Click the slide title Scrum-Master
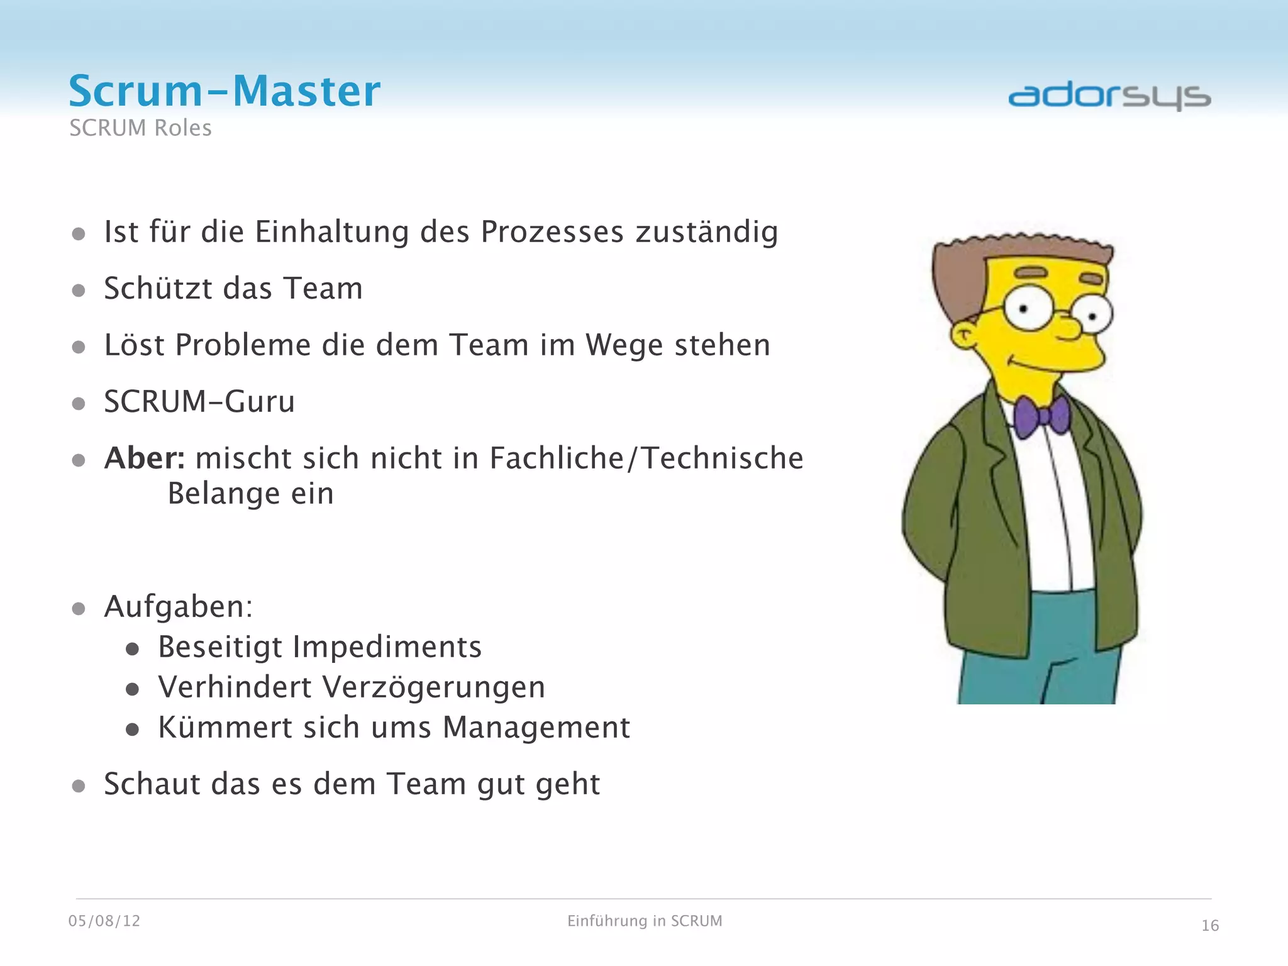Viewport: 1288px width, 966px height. point(225,91)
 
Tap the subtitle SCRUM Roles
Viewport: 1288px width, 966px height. point(140,128)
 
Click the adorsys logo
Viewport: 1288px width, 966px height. point(1109,97)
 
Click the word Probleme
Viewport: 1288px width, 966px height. point(244,345)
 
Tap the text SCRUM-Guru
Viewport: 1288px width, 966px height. point(199,402)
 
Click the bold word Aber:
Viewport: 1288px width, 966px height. point(145,458)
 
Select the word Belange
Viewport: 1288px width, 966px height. point(223,494)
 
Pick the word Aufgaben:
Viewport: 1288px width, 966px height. point(179,607)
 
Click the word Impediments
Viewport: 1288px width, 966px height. point(387,647)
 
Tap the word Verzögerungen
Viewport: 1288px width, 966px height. point(434,687)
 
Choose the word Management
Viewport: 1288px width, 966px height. point(536,728)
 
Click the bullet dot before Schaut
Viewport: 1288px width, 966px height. point(79,786)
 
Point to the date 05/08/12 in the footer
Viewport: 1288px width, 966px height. point(104,921)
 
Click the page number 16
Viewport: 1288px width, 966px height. point(1210,926)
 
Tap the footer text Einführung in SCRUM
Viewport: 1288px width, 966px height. point(645,921)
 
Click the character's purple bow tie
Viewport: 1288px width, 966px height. point(1041,416)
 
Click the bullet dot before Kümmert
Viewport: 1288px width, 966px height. point(132,730)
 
